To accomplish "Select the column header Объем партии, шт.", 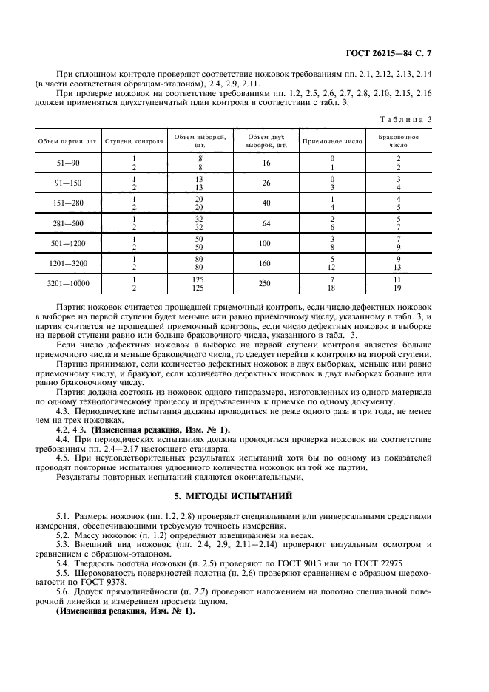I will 68,140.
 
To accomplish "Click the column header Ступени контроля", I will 134,140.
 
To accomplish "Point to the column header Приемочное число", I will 332,140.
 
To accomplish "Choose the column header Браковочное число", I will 399,140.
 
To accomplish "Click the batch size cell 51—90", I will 68,163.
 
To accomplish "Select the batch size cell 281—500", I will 68,223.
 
